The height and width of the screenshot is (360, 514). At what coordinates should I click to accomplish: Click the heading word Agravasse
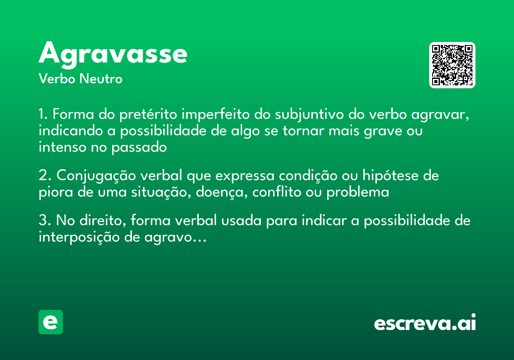coord(113,54)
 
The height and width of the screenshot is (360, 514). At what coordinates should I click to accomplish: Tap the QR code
coord(452,65)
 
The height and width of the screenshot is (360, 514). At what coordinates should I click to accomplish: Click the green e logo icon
coord(51,322)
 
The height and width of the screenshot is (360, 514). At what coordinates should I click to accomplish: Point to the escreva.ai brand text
coord(425,323)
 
